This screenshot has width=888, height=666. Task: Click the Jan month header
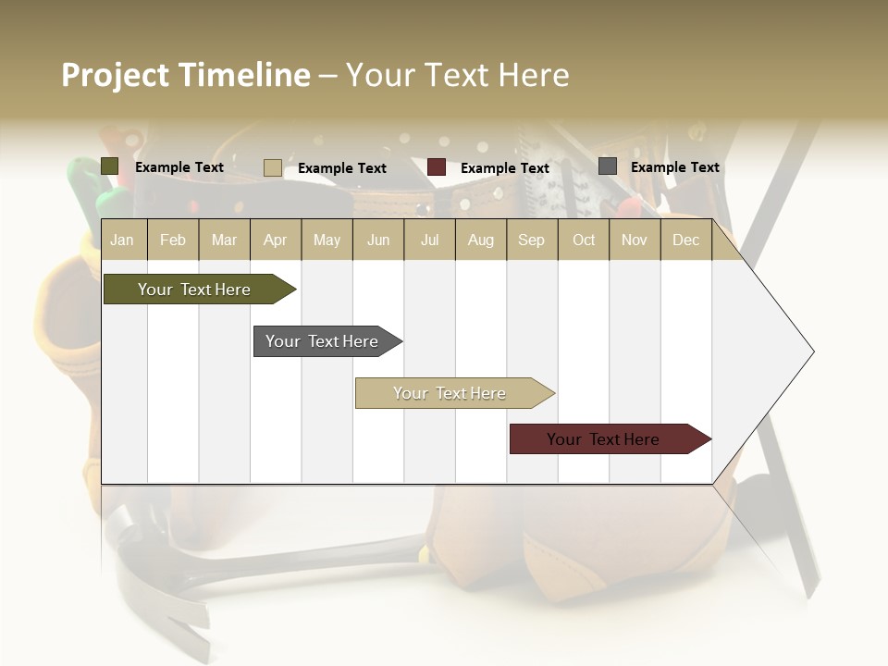(122, 240)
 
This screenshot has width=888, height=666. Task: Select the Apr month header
(275, 240)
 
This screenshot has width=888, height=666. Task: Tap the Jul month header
(429, 240)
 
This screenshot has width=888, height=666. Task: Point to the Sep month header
(531, 240)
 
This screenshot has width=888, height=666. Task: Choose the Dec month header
(685, 240)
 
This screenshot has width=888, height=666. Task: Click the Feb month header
(173, 240)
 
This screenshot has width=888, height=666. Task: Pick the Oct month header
(584, 240)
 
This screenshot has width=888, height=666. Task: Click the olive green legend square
(110, 166)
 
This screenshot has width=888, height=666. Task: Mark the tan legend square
(273, 167)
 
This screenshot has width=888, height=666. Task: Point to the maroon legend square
(437, 167)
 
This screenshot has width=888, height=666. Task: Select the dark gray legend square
(608, 166)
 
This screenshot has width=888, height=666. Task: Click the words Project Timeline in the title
(185, 75)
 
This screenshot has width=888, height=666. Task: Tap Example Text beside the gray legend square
(674, 167)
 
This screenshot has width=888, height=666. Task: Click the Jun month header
(378, 240)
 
